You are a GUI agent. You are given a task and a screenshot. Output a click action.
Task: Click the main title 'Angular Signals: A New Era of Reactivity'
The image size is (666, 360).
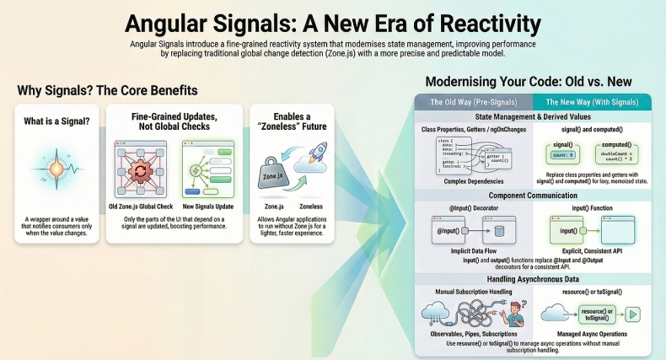[332, 19]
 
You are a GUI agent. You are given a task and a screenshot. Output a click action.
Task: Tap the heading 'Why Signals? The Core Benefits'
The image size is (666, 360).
[107, 89]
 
